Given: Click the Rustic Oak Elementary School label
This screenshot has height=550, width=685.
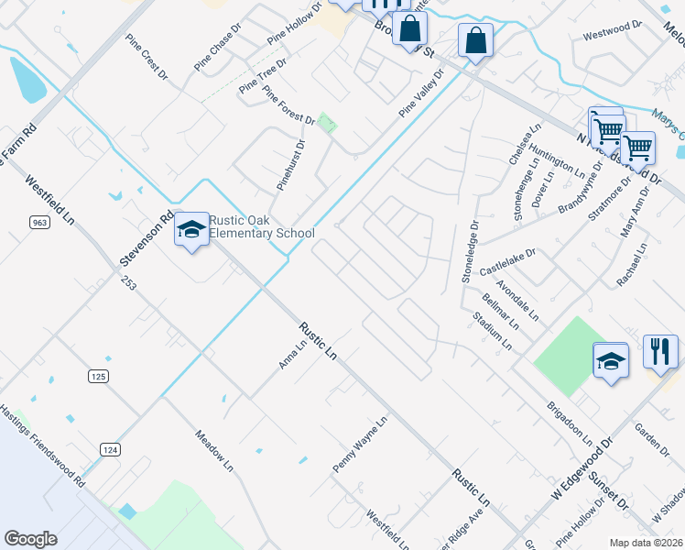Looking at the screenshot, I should pos(262,226).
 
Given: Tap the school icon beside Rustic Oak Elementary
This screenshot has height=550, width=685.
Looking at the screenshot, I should pos(191,229).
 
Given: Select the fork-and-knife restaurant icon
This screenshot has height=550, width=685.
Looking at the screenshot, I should pos(659,350).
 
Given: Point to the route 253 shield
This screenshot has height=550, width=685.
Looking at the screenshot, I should pos(127,286).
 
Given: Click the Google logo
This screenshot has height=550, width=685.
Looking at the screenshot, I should pos(30,539).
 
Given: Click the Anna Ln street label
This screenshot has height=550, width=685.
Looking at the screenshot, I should pos(292,355).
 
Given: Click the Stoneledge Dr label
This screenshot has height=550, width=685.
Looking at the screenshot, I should pos(470,249).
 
